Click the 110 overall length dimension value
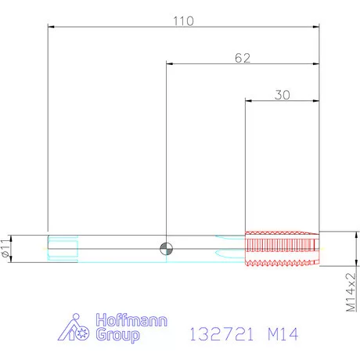click(x=183, y=21)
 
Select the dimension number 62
click(x=243, y=58)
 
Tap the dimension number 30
click(x=283, y=95)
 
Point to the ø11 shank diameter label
click(x=5, y=248)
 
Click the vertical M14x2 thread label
click(x=351, y=292)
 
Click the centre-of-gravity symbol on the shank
click(x=166, y=249)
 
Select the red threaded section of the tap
click(x=282, y=249)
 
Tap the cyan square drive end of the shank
click(x=63, y=248)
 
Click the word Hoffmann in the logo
click(x=131, y=320)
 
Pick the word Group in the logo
click(x=117, y=335)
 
